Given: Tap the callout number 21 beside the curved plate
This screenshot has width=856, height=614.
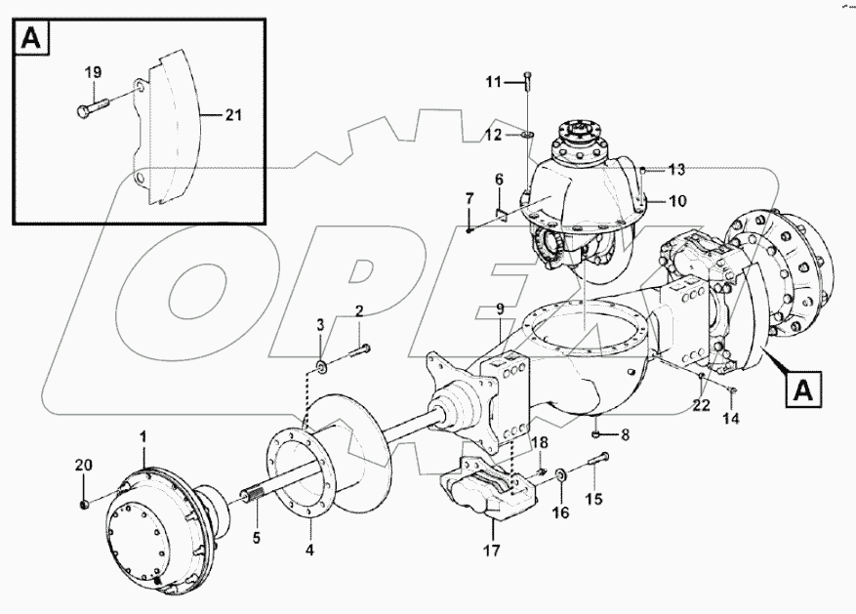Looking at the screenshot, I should (233, 115).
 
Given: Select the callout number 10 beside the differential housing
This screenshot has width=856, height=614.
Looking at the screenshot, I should (676, 201).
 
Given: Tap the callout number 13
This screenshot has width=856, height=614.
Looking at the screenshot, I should (677, 169).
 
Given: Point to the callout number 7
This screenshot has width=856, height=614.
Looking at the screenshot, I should (469, 199).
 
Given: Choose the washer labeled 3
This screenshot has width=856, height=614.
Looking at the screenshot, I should (321, 367).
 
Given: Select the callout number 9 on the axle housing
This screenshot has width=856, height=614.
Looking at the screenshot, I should (499, 309).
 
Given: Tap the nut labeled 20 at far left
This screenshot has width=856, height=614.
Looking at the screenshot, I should (84, 504).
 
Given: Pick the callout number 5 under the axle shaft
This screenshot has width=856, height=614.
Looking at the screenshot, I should (258, 536).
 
